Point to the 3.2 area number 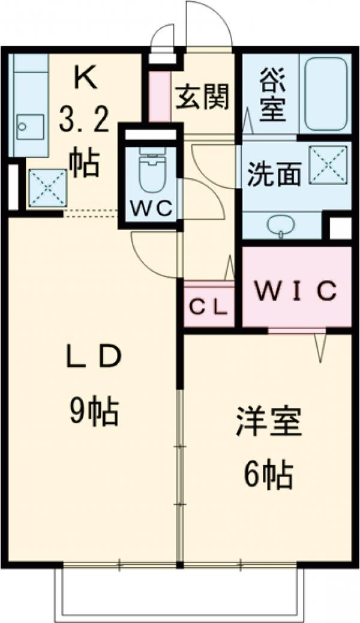(85, 122)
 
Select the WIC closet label (295, 292)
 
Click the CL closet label (208, 307)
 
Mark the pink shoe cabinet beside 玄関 (158, 96)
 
